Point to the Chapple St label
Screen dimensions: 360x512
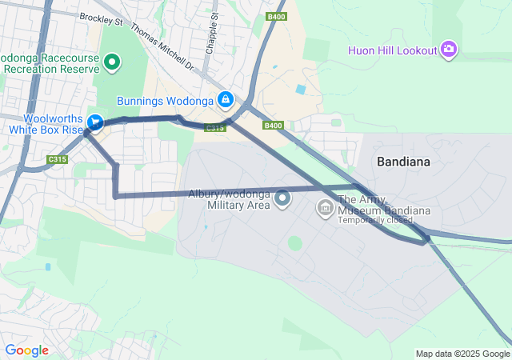pos(211,32)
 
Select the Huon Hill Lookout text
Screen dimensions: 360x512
pos(393,50)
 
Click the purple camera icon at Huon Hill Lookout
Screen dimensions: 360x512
pos(449,50)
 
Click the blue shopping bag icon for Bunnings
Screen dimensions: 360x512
pos(226,99)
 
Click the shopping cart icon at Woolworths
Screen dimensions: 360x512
pos(96,122)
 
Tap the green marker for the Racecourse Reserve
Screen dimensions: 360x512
pos(113,62)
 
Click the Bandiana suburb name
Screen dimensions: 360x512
pos(403,162)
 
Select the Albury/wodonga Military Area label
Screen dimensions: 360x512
pos(230,199)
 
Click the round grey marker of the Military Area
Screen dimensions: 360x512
pos(282,198)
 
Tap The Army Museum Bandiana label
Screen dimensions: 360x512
pos(384,206)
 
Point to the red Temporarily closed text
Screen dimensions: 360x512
pos(376,220)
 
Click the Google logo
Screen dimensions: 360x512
pos(26,350)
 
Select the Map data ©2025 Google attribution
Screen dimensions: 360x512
pos(462,354)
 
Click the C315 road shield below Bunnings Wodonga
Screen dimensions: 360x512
pos(214,128)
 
